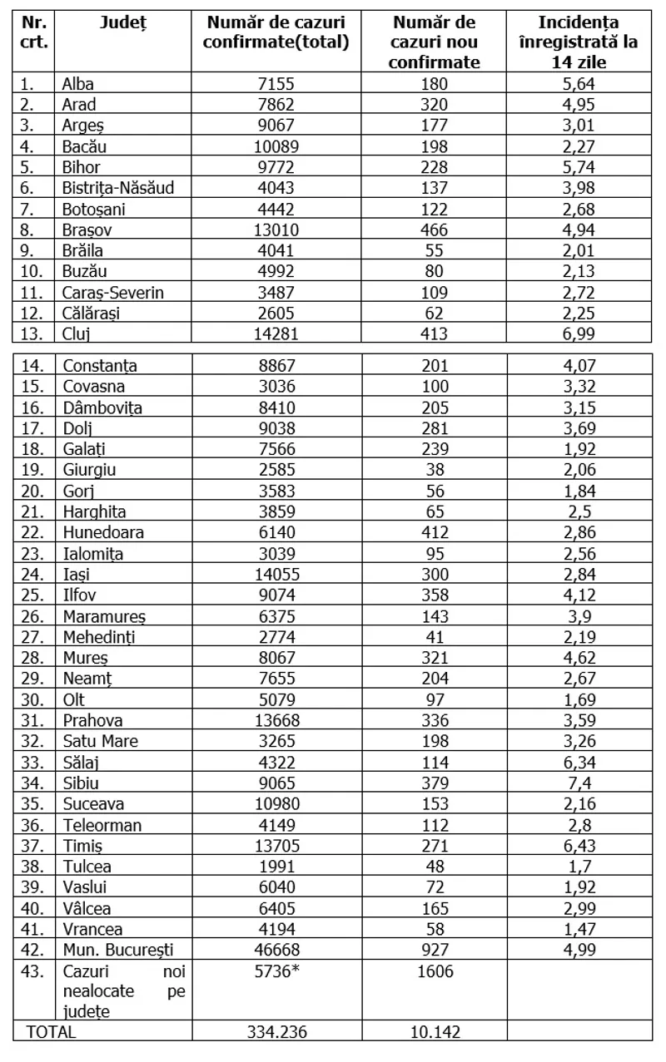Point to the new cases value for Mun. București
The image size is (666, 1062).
click(x=434, y=949)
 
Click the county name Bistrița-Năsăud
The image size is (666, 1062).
click(x=118, y=188)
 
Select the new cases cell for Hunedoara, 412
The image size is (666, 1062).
click(x=434, y=533)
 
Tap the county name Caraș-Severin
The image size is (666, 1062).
click(x=113, y=292)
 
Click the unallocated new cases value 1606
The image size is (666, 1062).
click(x=434, y=971)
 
